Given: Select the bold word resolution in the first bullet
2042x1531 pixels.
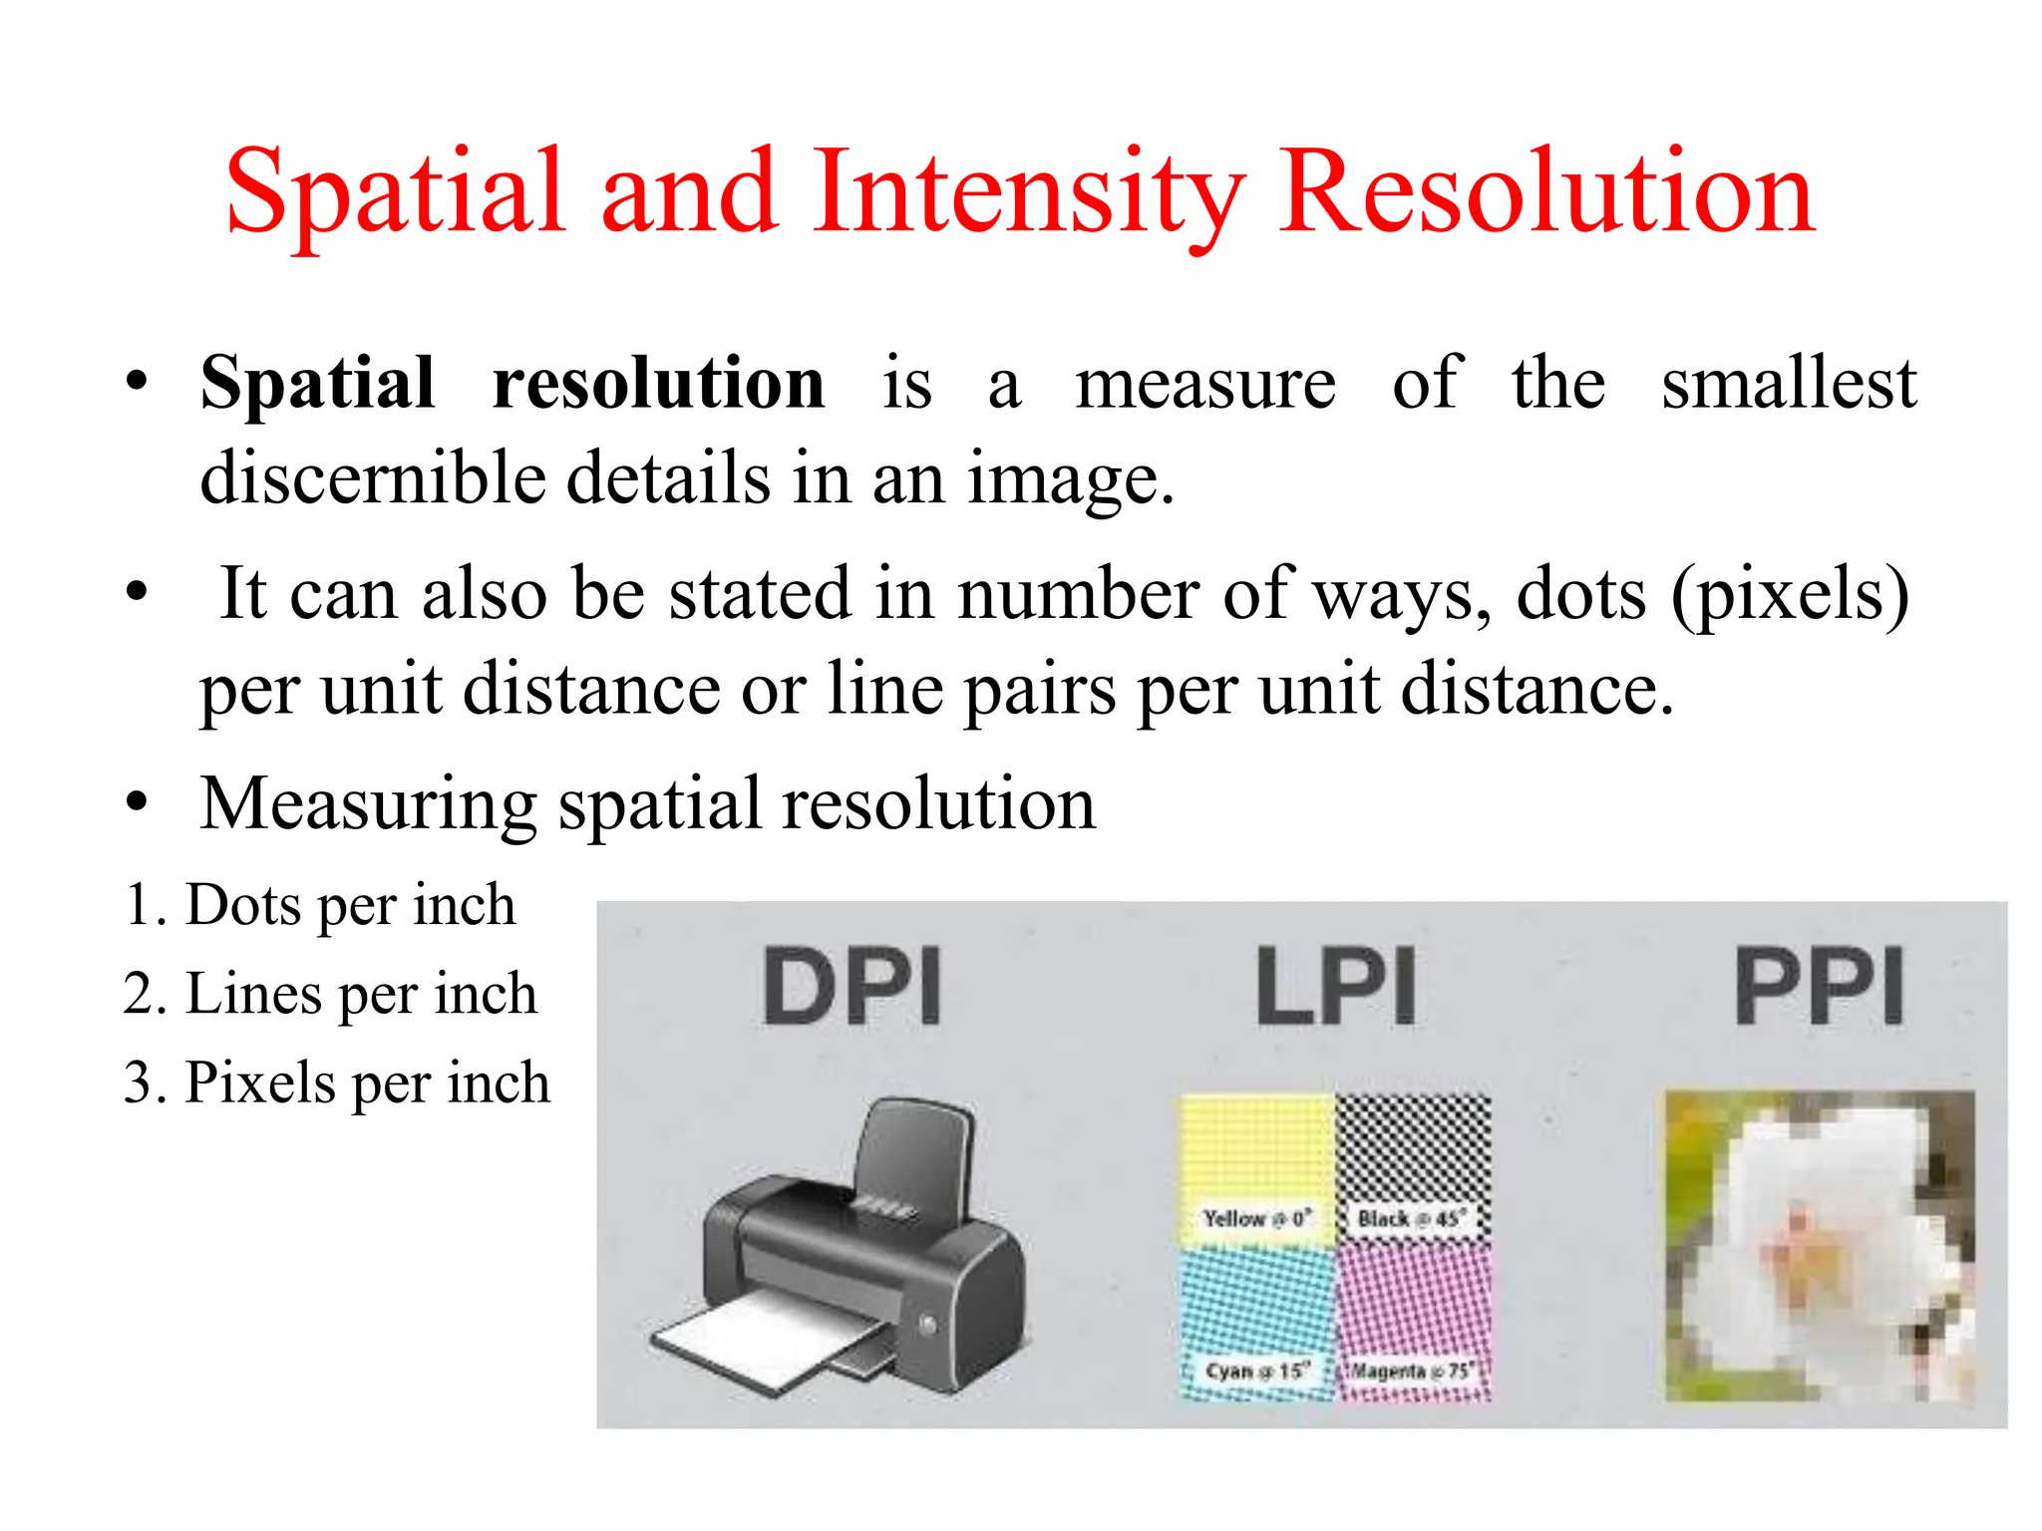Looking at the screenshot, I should pos(658,383).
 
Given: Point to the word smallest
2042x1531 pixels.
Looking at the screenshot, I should pos(1789,383).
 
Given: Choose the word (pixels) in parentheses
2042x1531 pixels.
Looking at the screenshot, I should pos(1791,594).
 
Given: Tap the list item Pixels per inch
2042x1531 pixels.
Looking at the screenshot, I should pos(337,1082).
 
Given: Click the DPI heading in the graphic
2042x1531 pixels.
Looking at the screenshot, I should pos(852,986).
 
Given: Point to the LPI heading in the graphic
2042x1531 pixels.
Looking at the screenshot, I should pos(1336,986).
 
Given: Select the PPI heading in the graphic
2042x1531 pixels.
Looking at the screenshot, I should pos(1820,986).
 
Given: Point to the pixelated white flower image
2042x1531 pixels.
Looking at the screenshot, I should pos(1820,1246).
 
